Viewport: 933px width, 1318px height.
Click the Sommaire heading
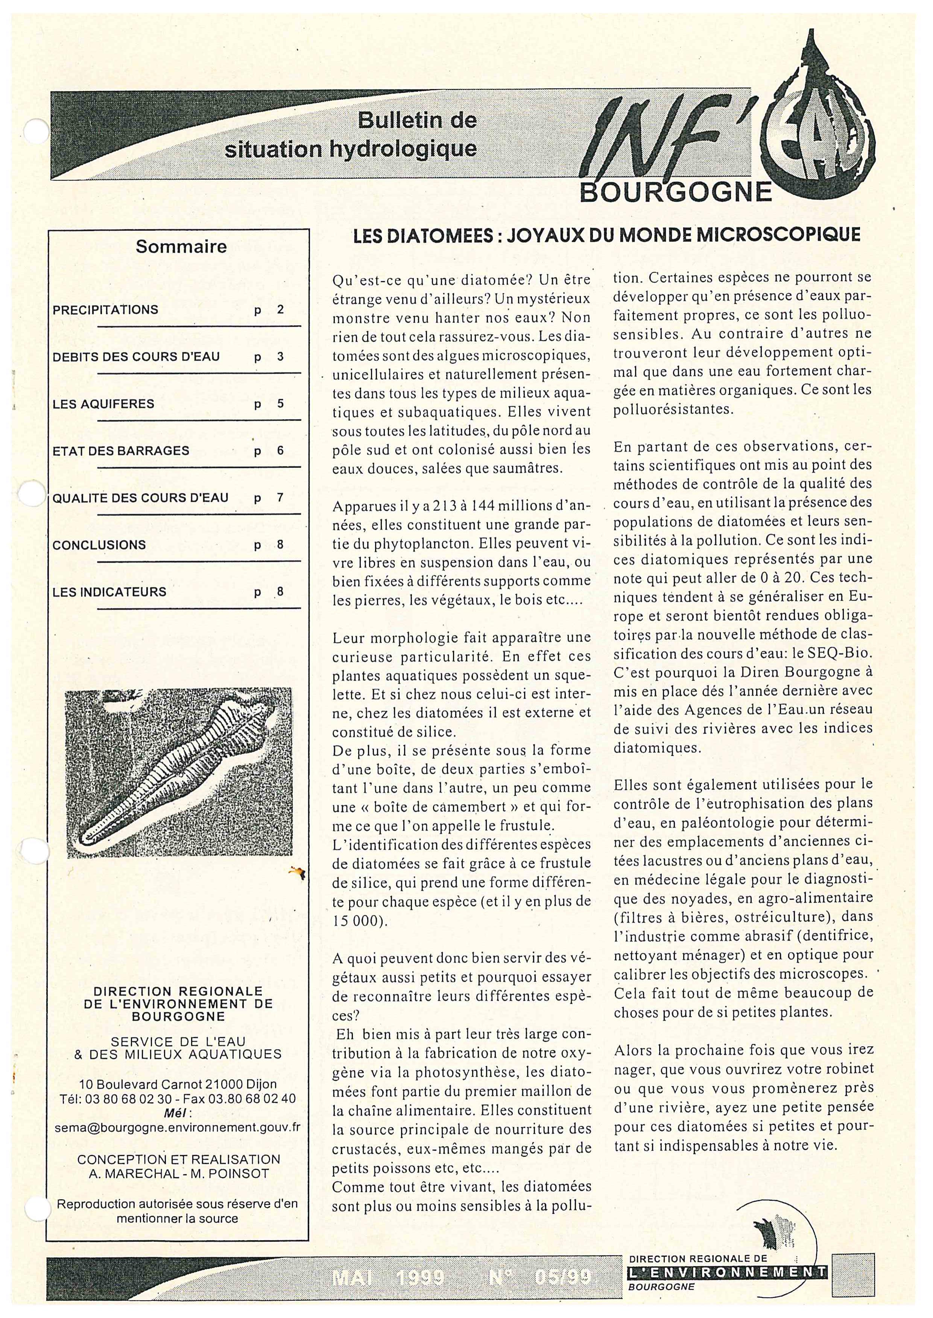tap(181, 247)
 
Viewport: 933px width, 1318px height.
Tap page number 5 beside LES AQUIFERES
tap(280, 404)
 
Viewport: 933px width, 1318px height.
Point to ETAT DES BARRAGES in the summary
tap(121, 451)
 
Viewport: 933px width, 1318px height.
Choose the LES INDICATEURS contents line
tap(109, 592)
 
